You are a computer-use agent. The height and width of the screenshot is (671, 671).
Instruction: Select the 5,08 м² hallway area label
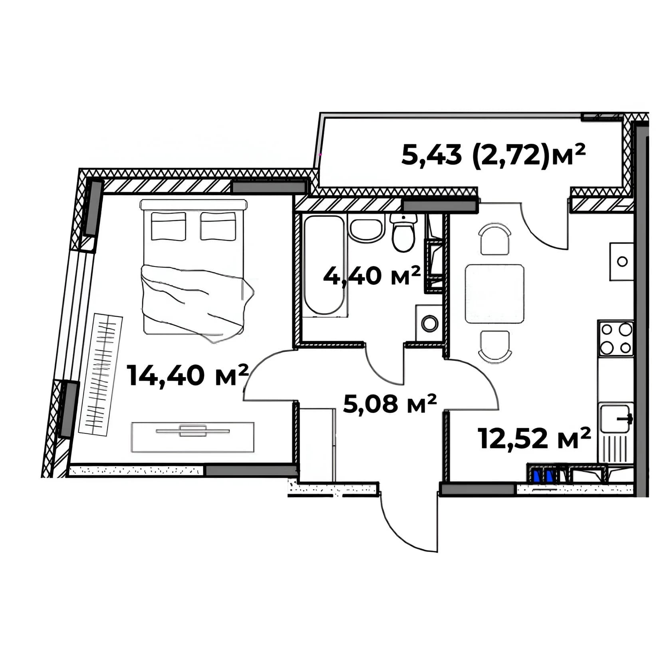[x=390, y=404]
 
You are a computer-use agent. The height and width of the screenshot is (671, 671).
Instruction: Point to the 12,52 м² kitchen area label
[x=534, y=438]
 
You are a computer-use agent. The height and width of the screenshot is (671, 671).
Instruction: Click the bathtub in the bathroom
[x=324, y=266]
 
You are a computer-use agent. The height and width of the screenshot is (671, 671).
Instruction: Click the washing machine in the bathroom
[x=429, y=323]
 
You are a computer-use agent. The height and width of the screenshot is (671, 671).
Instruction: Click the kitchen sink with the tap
[x=615, y=418]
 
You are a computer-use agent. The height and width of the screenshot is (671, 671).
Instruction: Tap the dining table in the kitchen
[x=494, y=294]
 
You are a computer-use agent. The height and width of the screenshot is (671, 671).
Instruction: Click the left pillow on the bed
[x=169, y=226]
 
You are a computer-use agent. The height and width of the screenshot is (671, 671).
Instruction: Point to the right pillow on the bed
[x=218, y=226]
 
